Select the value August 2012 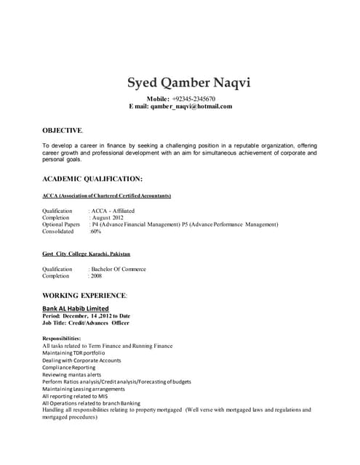(108, 217)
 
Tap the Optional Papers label (61, 225)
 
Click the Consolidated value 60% (95, 232)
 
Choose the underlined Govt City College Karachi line (87, 254)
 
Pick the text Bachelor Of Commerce (119, 269)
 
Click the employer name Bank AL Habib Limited (76, 308)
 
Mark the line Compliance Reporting (68, 368)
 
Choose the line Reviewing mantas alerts (73, 375)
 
